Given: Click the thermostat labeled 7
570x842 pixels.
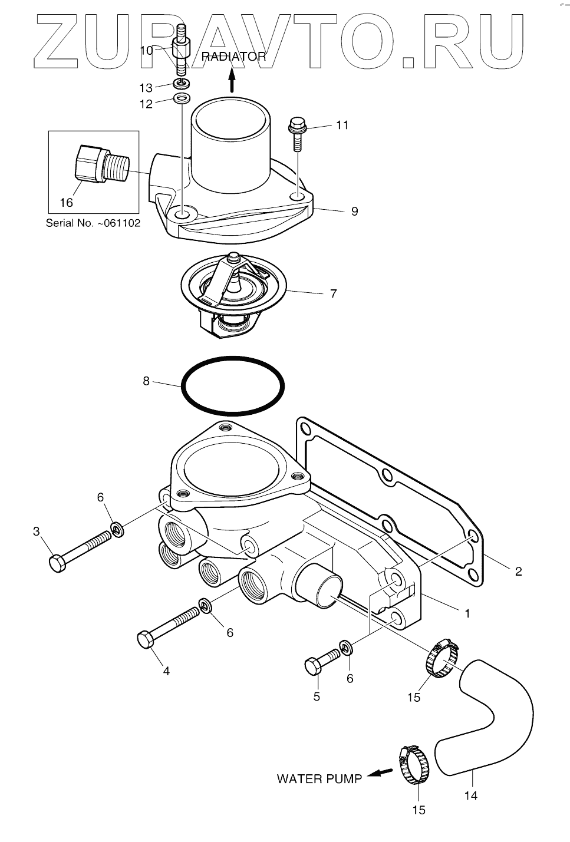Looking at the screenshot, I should coord(233,289).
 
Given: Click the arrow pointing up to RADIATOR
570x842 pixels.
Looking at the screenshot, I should coord(232,79).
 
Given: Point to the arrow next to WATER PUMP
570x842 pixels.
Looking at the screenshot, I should coord(379,774).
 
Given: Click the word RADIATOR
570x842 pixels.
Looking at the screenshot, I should coord(234,57).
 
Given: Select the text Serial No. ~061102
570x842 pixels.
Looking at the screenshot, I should coord(93,224).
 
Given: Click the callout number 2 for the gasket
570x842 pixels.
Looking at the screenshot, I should coord(518,571).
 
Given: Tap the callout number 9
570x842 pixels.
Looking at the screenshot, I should coord(354,211).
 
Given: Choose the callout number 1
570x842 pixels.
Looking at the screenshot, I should coord(467,613).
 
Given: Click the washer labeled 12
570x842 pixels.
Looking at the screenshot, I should coord(182,98).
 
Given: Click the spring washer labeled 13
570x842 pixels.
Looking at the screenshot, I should coord(182,82).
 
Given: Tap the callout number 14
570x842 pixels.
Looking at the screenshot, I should coord(470,795).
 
